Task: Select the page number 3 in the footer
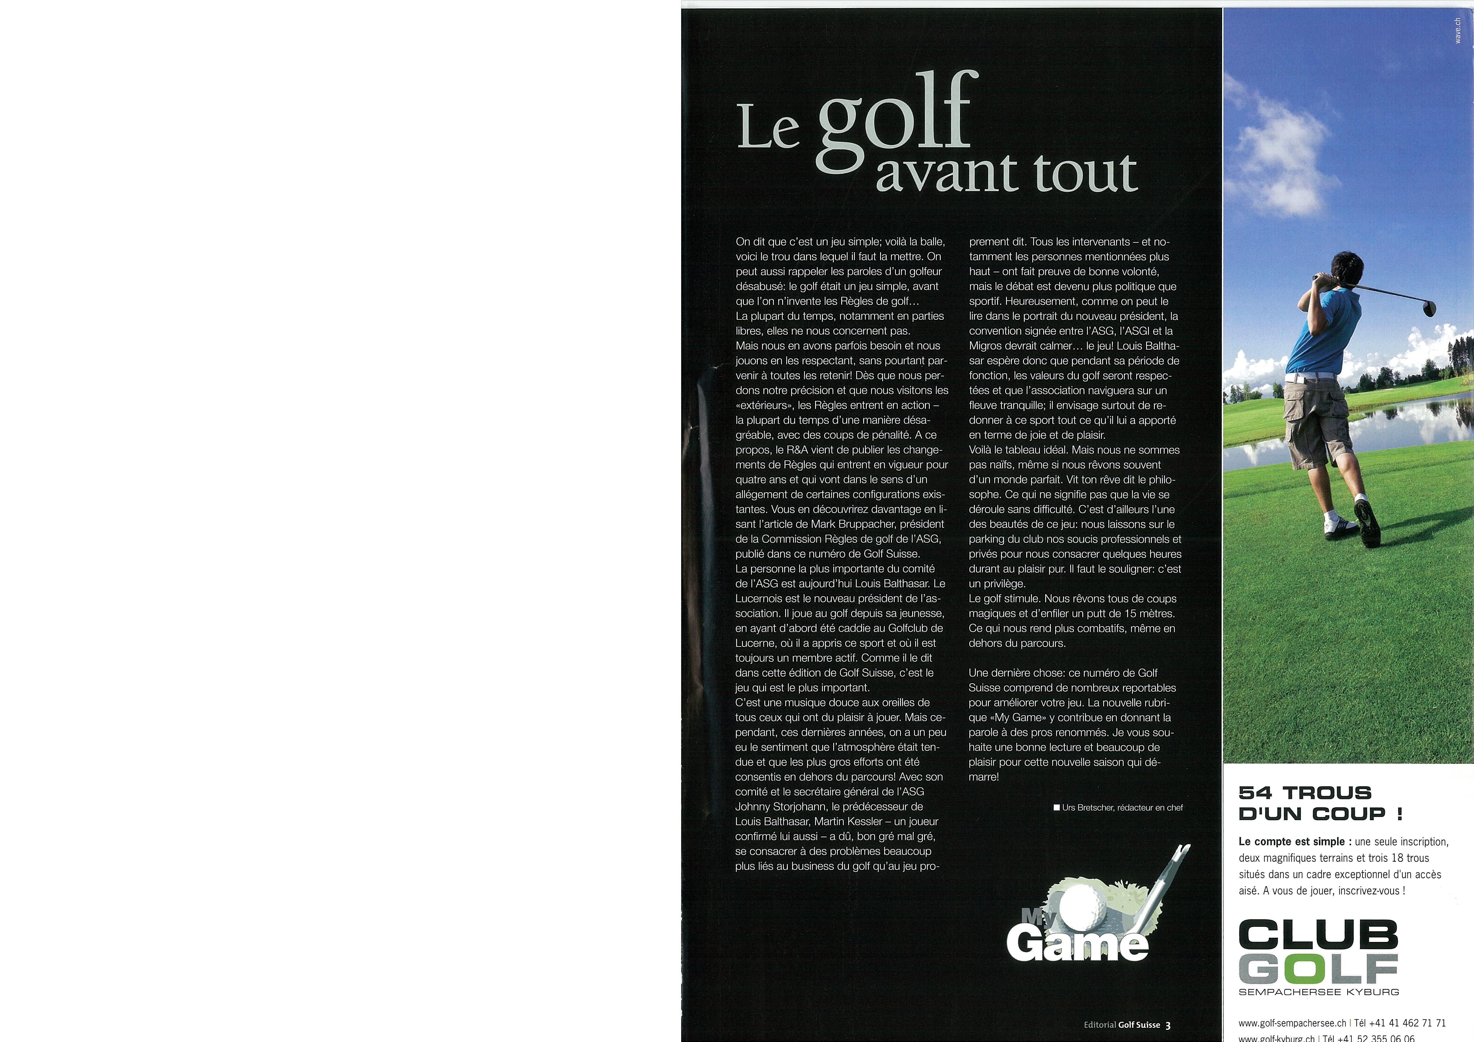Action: pos(1168,1025)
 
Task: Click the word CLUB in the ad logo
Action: pos(1318,934)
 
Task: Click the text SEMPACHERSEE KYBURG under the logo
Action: pos(1318,992)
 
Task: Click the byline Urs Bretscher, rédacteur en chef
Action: pos(1122,808)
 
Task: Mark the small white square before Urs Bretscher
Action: pos(1057,808)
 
